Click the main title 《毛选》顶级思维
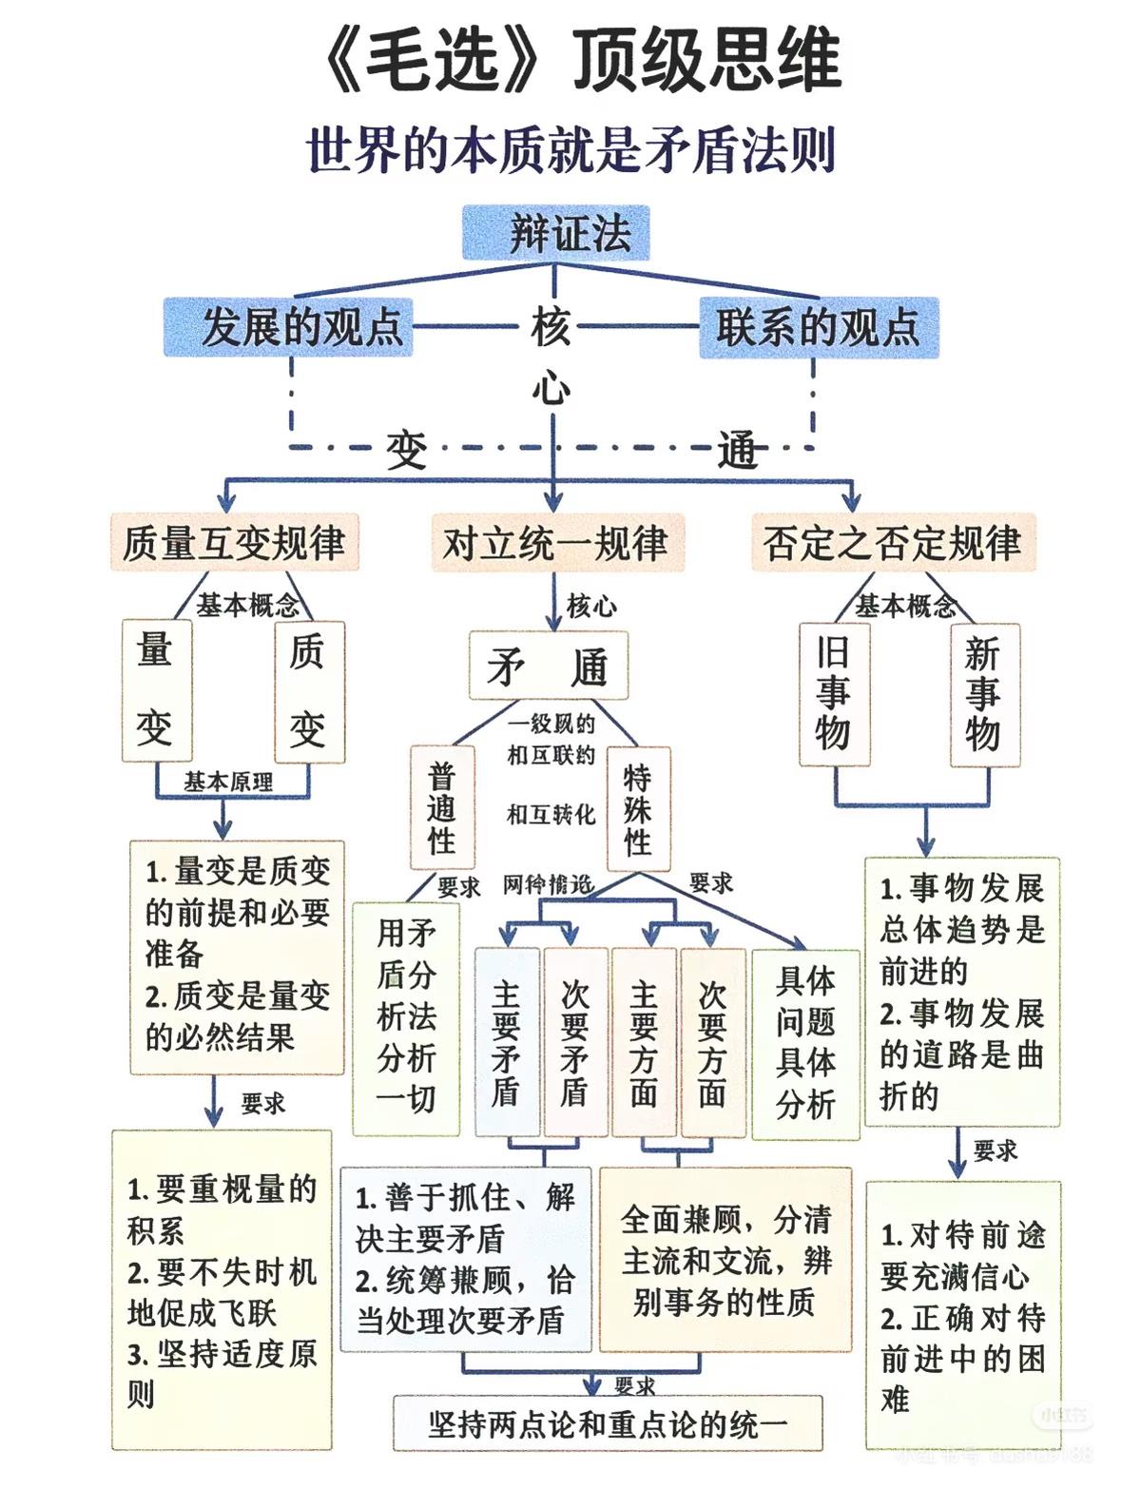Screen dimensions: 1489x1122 [x=582, y=59]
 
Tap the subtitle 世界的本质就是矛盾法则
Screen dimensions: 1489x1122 [x=571, y=150]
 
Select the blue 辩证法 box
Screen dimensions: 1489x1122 [x=556, y=233]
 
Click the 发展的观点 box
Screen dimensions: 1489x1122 [x=288, y=327]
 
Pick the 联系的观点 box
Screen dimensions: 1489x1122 [x=819, y=327]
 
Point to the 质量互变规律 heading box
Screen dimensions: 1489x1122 [x=234, y=543]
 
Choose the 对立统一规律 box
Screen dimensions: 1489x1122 [x=557, y=543]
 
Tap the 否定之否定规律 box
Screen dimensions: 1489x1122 [x=892, y=543]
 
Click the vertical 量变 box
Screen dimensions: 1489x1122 [x=156, y=691]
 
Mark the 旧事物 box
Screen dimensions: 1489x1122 [x=834, y=694]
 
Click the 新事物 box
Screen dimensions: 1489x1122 [x=984, y=694]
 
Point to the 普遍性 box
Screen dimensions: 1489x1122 [x=441, y=808]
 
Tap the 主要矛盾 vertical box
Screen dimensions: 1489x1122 [x=507, y=1042]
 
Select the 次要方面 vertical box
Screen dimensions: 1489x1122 [x=712, y=1042]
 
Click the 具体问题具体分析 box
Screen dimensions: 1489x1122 [x=805, y=1043]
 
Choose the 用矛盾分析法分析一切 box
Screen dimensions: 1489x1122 [x=406, y=1017]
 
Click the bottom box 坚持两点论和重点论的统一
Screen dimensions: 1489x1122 [x=608, y=1423]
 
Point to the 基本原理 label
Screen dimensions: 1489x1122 [x=228, y=782]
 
